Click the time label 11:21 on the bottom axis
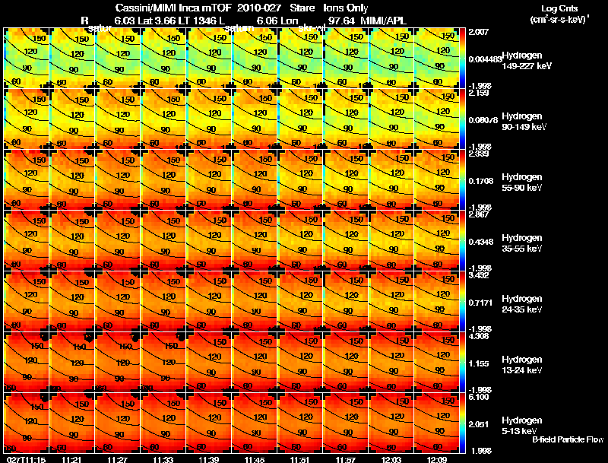point(72,459)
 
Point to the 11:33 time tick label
point(163,459)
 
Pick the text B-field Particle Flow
point(567,439)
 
